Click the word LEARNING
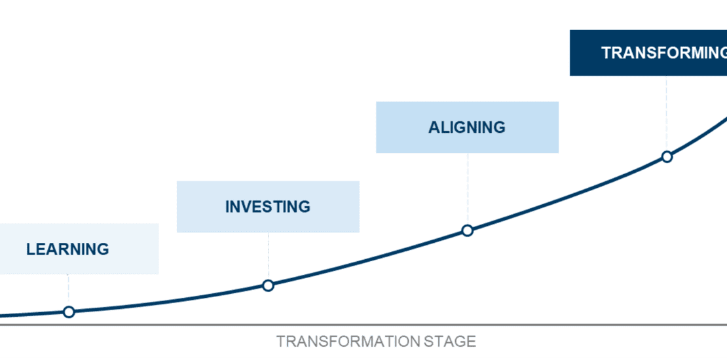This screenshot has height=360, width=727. pos(67,249)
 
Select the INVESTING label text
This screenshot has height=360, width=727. pos(268,207)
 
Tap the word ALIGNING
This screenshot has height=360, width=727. pos(467,128)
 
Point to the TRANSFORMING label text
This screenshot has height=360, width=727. pos(664,53)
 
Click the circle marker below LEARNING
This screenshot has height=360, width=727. pos(69,312)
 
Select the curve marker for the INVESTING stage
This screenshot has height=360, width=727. pos(268,285)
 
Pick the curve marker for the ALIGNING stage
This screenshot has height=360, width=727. pos(468,230)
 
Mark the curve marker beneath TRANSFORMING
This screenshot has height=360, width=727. pos(667,156)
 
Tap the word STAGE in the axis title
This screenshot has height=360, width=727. pos(450,342)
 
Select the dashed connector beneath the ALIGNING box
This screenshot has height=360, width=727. pos(468,189)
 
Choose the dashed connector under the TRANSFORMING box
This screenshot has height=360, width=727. pos(667,113)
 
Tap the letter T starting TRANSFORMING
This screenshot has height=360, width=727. pos(606,53)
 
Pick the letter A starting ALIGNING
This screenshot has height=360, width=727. pos(434,128)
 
